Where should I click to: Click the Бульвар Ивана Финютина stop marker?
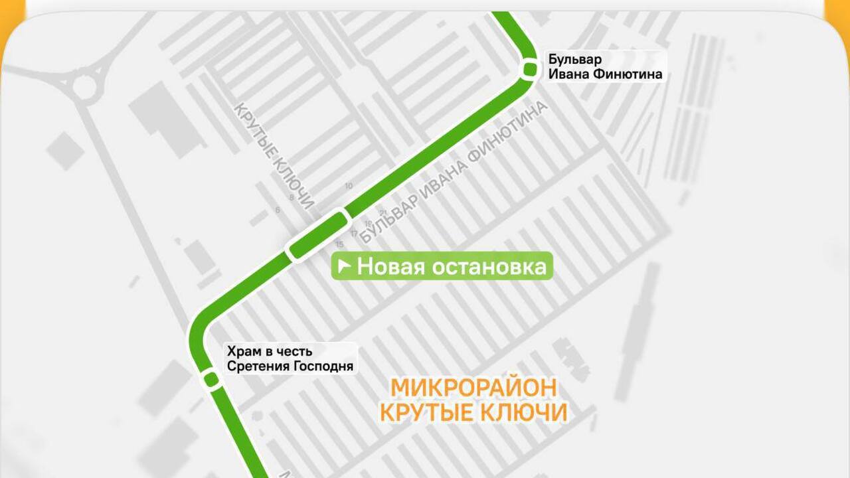530,68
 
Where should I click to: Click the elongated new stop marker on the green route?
318,236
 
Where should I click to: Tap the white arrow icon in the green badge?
344,267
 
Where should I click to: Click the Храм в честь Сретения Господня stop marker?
211,379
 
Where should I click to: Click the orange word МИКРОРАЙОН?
473,388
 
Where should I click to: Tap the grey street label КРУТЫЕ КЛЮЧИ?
274,156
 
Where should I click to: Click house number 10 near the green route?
349,186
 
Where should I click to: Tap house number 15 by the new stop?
340,244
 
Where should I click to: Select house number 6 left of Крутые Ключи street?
278,210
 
